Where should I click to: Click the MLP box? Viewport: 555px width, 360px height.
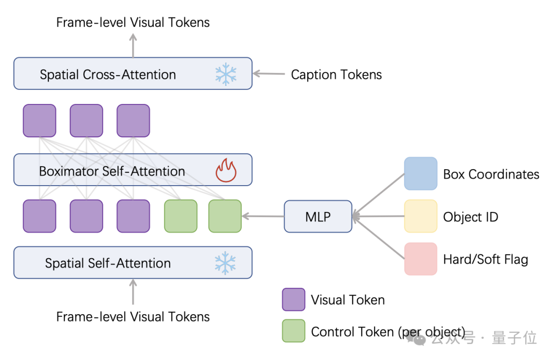[x=318, y=217]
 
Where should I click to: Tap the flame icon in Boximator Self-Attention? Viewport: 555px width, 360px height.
[x=226, y=171]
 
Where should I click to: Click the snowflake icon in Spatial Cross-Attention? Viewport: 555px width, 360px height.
[x=225, y=74]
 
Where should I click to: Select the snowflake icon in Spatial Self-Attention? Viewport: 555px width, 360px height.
[x=225, y=263]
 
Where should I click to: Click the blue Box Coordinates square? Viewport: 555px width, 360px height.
[x=420, y=174]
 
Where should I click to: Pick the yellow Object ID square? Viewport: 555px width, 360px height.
[x=420, y=217]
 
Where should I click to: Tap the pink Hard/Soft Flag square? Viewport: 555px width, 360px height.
[x=420, y=259]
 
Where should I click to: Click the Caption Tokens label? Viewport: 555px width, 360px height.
[x=336, y=75]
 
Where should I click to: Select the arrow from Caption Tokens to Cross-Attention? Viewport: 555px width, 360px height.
[x=269, y=74]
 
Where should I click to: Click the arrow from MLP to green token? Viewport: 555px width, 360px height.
[x=263, y=217]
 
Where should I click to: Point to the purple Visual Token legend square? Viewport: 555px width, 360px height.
[x=293, y=299]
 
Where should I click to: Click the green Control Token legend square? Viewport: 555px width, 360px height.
[x=293, y=331]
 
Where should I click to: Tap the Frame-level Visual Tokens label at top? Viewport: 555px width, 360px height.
[x=133, y=22]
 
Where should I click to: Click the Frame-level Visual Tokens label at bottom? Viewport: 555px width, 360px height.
[x=133, y=317]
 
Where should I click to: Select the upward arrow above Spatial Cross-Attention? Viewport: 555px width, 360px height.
[x=133, y=45]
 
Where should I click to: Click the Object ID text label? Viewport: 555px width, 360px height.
[x=470, y=217]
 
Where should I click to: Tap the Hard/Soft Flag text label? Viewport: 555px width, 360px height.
[x=485, y=260]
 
